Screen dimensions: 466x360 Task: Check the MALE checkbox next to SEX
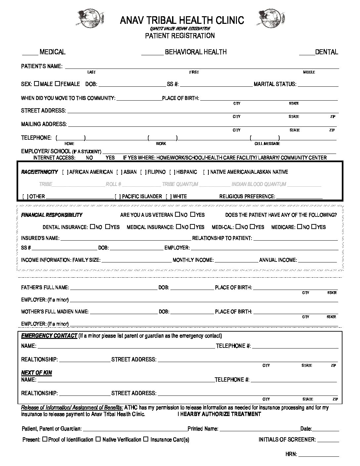tap(36, 84)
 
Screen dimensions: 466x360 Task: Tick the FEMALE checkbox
tap(57, 84)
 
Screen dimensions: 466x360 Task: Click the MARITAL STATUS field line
tap(318, 85)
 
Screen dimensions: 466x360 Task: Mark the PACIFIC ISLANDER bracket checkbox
tap(118, 197)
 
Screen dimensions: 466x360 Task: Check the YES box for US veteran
tap(193, 215)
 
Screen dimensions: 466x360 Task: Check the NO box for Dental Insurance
tap(92, 227)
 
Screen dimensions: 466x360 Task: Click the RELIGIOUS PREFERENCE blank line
tap(299, 198)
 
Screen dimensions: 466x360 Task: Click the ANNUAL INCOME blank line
tap(318, 261)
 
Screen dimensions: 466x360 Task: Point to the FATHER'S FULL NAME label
tap(45, 288)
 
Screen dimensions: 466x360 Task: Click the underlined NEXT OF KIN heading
tap(36, 373)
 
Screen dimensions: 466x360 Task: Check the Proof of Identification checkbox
tap(45, 439)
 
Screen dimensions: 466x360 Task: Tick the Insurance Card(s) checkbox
tap(146, 439)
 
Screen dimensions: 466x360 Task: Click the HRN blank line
tap(319, 456)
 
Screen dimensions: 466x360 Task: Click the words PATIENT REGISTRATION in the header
tap(180, 36)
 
